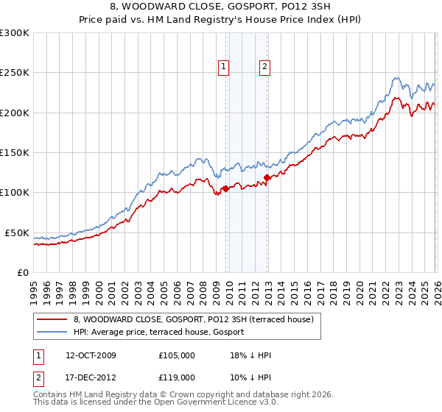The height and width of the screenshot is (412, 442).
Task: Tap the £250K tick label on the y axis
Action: (15, 73)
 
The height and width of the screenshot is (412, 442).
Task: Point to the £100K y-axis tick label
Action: (15, 193)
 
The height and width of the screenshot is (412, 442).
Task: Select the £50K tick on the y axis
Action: (18, 232)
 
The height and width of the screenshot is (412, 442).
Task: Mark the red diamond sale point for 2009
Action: (225, 188)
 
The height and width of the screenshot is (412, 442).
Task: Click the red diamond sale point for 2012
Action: (267, 177)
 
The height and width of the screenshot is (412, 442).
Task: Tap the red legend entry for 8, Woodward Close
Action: (193, 319)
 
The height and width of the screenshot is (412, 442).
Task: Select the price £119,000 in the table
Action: (177, 377)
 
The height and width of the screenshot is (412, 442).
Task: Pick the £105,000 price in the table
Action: (177, 355)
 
